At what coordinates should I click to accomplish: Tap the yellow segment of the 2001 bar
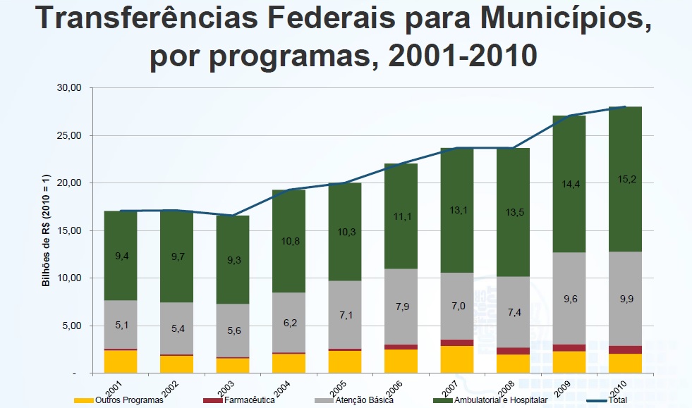[121, 361]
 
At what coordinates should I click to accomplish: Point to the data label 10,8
[290, 242]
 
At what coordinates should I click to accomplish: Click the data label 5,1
[121, 326]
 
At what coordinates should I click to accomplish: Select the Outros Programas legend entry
[120, 400]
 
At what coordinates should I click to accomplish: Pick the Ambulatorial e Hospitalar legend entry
[497, 400]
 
